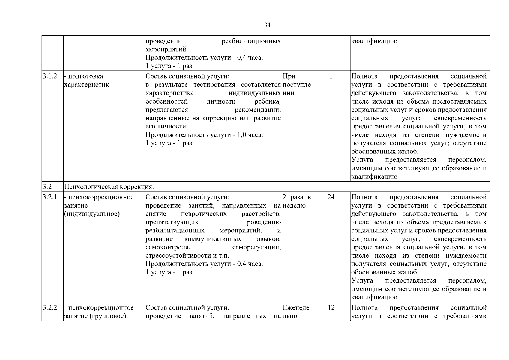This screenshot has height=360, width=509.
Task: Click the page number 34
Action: coord(267,25)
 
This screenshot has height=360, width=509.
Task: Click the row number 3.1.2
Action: coord(49,76)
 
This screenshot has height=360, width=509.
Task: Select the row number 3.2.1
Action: coord(49,197)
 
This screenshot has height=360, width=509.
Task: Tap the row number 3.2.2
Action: coord(49,308)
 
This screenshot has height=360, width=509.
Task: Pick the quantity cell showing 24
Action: coord(331,197)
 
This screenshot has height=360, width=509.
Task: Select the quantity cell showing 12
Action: coord(331,308)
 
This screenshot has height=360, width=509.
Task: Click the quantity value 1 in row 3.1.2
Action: coord(331,76)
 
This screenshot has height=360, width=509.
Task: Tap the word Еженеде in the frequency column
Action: coord(296,308)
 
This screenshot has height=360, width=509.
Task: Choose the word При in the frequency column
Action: coord(289,76)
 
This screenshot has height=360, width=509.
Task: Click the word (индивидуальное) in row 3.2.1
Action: coord(92,214)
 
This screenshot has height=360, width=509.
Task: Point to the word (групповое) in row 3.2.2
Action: coord(107,316)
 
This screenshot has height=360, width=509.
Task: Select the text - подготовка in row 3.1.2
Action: coord(83,76)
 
